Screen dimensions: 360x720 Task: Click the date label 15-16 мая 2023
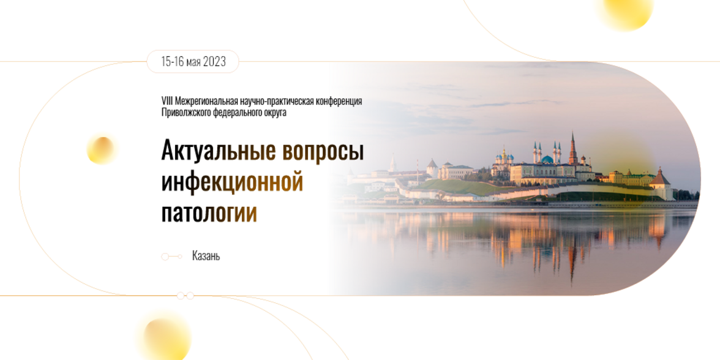[193, 62]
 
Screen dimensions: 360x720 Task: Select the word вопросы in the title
[323, 151]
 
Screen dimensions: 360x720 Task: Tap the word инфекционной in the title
[232, 182]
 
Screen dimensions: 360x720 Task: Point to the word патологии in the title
[209, 213]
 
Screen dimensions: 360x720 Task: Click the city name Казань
[206, 257]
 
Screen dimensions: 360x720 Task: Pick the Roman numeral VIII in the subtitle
[167, 101]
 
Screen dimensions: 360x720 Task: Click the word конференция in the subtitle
[336, 101]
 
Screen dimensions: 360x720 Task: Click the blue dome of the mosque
[547, 159]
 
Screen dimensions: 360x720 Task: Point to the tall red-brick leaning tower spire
[573, 148]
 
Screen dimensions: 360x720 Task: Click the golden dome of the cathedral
[504, 156]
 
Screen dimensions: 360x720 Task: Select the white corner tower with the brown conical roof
[660, 184]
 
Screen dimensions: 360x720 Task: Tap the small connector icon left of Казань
[171, 257]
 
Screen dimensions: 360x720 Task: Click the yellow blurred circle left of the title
[101, 150]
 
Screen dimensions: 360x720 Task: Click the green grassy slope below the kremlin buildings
[465, 187]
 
